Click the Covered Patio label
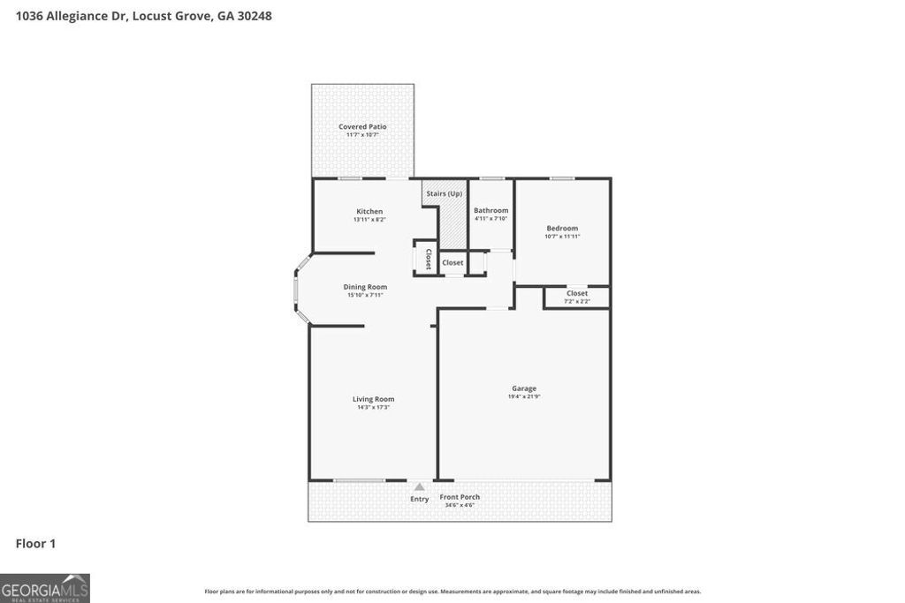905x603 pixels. (362, 127)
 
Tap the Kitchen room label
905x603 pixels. (369, 212)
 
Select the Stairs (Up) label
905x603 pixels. (444, 193)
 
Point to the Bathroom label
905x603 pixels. (491, 210)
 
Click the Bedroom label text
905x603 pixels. (562, 229)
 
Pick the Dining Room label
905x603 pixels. (365, 287)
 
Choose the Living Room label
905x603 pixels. (373, 399)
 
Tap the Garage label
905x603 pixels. (524, 388)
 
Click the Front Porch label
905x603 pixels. (460, 497)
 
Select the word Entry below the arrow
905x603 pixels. (419, 499)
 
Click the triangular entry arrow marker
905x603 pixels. (419, 486)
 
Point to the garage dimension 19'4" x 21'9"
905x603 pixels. (524, 396)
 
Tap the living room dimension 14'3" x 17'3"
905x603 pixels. (373, 407)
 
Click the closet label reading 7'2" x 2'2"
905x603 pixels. (577, 301)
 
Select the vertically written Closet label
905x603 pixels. (428, 259)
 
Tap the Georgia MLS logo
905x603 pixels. (45, 588)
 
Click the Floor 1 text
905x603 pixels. (35, 544)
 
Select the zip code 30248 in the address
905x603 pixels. (253, 15)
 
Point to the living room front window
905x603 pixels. (359, 480)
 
